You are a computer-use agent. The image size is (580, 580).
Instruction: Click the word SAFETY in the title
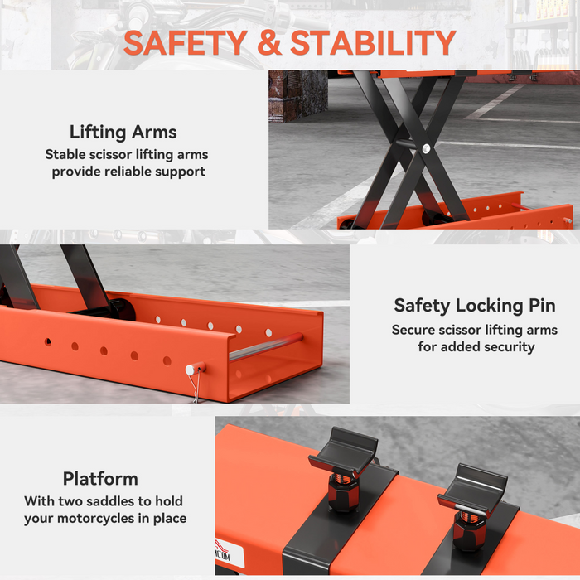point(185,42)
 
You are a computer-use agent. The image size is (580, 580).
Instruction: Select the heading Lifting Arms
point(123,132)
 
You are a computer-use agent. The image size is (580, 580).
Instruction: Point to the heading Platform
point(100,479)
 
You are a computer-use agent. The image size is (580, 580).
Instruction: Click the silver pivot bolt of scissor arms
point(425,149)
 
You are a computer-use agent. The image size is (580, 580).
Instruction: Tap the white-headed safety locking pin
point(191,369)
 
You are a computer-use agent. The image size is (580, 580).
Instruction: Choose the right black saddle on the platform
point(471,486)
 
